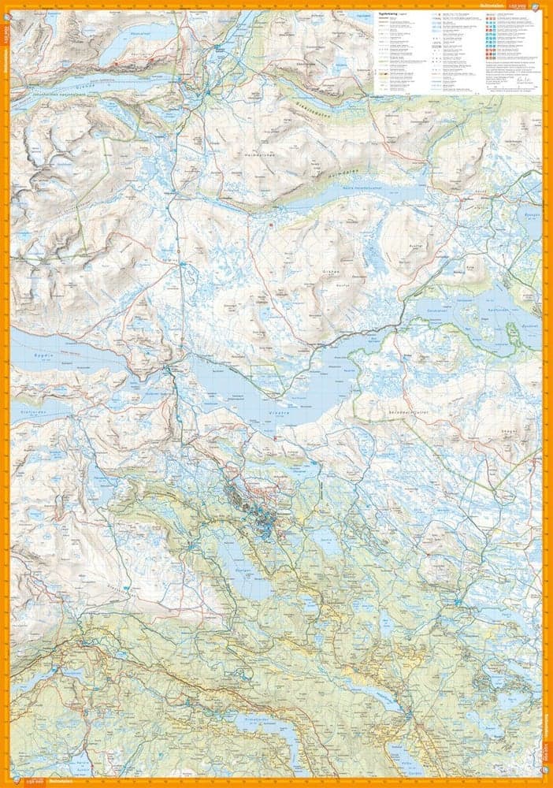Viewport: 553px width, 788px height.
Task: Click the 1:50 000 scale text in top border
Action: tap(523, 5)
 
